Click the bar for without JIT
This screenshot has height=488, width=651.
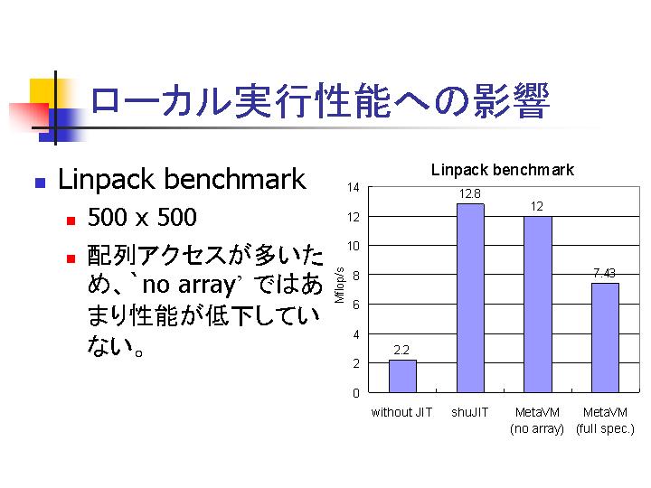tap(402, 376)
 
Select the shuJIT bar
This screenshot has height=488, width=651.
tap(470, 298)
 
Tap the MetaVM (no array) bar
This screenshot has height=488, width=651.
tap(538, 305)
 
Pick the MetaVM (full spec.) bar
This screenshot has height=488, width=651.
tap(605, 338)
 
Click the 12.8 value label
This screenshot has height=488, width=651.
tap(470, 193)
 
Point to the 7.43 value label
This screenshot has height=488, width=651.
tap(604, 273)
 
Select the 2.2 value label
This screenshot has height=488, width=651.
tap(401, 351)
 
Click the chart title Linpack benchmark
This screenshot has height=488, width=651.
tap(503, 170)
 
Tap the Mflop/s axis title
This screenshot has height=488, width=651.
tap(340, 285)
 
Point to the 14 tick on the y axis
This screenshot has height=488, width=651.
tap(354, 188)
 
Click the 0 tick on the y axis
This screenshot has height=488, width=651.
tap(356, 393)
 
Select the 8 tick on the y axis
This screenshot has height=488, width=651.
tap(356, 276)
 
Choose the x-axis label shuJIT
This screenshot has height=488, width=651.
tap(470, 412)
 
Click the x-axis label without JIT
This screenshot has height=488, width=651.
tap(401, 412)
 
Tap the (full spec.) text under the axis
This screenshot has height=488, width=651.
tap(605, 428)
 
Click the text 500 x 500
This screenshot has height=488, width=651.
tap(142, 217)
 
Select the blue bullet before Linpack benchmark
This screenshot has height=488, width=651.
tap(41, 183)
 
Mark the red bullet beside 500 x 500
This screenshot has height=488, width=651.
tap(71, 221)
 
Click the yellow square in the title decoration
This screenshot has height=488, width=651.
tap(43, 93)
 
